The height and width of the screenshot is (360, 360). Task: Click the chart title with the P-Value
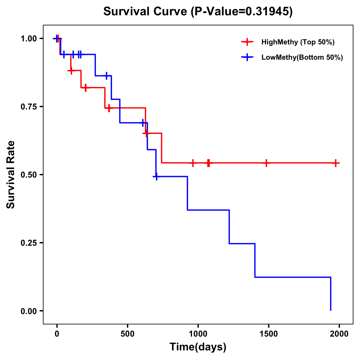coord(198,11)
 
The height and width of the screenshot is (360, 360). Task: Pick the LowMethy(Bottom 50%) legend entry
coord(302,57)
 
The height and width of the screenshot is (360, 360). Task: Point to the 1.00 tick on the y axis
coord(28,39)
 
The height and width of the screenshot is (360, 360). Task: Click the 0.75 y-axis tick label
coord(28,107)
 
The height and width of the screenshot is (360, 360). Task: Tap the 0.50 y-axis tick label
coord(28,175)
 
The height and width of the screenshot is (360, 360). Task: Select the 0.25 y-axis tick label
coord(28,243)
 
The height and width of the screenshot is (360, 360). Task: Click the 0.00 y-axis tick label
coord(28,311)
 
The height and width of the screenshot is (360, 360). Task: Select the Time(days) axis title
coord(198,347)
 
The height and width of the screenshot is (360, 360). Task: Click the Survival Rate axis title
coord(11,175)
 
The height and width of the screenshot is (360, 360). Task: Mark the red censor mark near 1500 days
coord(266,163)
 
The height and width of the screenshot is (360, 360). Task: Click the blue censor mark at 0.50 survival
coord(156,176)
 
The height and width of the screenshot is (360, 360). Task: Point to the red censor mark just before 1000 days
coord(193,163)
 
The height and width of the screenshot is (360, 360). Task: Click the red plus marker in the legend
coord(247,42)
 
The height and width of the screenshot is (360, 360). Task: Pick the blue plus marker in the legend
coord(247,57)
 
